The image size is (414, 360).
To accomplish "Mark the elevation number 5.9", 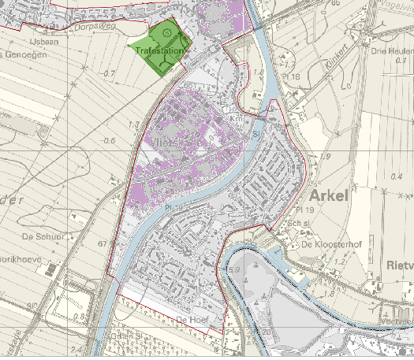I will click(x=233, y=270).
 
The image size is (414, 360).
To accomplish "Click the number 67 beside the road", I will click(x=102, y=244).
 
